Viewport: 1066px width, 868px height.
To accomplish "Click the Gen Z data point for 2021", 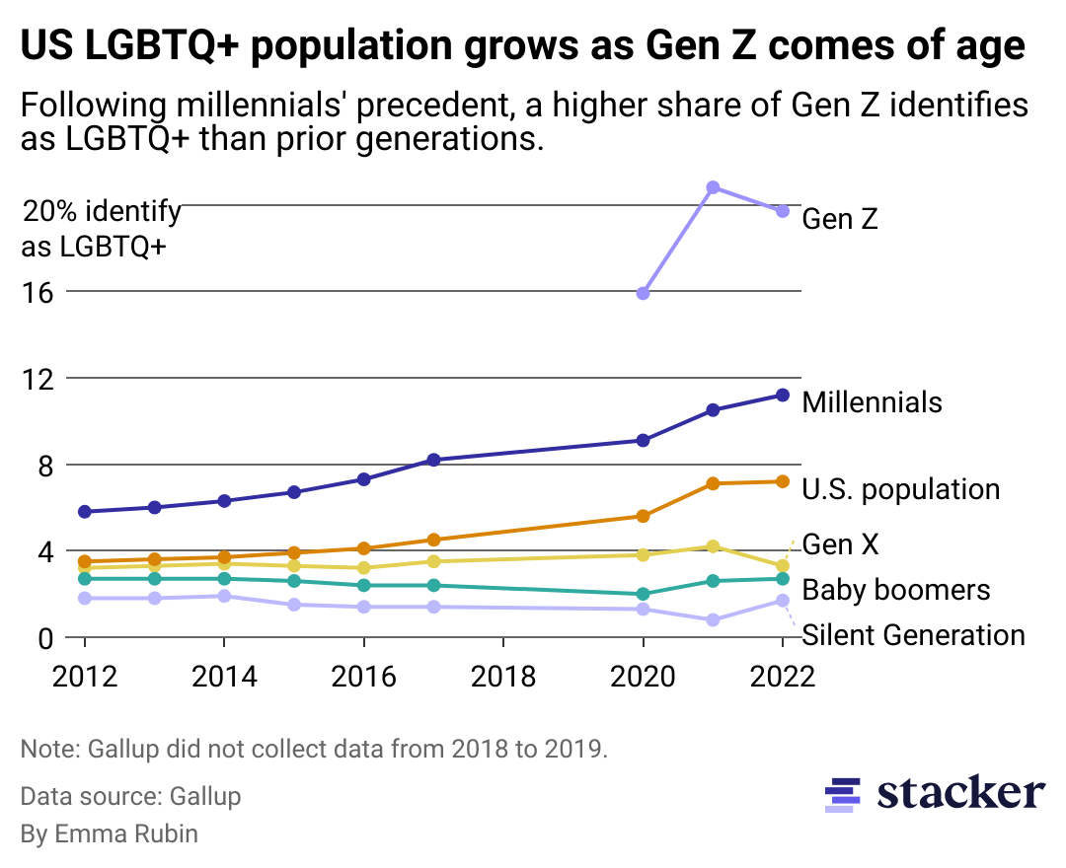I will click(713, 187).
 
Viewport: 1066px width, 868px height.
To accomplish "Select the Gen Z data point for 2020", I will click(644, 293).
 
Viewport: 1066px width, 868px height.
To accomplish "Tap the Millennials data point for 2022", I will click(783, 395).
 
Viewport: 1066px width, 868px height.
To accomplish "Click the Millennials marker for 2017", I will click(433, 460).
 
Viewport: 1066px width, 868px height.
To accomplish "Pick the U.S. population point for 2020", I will click(644, 516).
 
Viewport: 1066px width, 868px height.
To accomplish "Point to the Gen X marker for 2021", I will click(713, 546).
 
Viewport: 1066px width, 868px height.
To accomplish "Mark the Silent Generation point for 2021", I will click(713, 620).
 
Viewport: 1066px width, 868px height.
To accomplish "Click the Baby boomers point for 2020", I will click(644, 594).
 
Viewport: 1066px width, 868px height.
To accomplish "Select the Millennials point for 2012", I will click(85, 512).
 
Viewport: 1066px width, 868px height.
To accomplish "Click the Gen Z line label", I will click(839, 219).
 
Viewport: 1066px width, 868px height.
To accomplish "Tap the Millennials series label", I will click(872, 402).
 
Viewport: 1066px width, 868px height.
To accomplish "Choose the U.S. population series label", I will click(900, 489).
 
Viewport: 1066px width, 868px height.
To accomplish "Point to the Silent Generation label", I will click(913, 635).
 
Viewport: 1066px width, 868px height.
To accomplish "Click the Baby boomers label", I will click(895, 590).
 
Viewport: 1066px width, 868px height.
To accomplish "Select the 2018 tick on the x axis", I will click(503, 677).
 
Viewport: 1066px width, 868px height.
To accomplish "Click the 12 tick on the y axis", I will click(38, 379).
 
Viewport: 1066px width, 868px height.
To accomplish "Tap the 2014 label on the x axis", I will click(224, 677).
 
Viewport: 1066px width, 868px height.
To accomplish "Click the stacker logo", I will click(934, 793).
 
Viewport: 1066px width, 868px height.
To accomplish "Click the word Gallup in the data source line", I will click(204, 796).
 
